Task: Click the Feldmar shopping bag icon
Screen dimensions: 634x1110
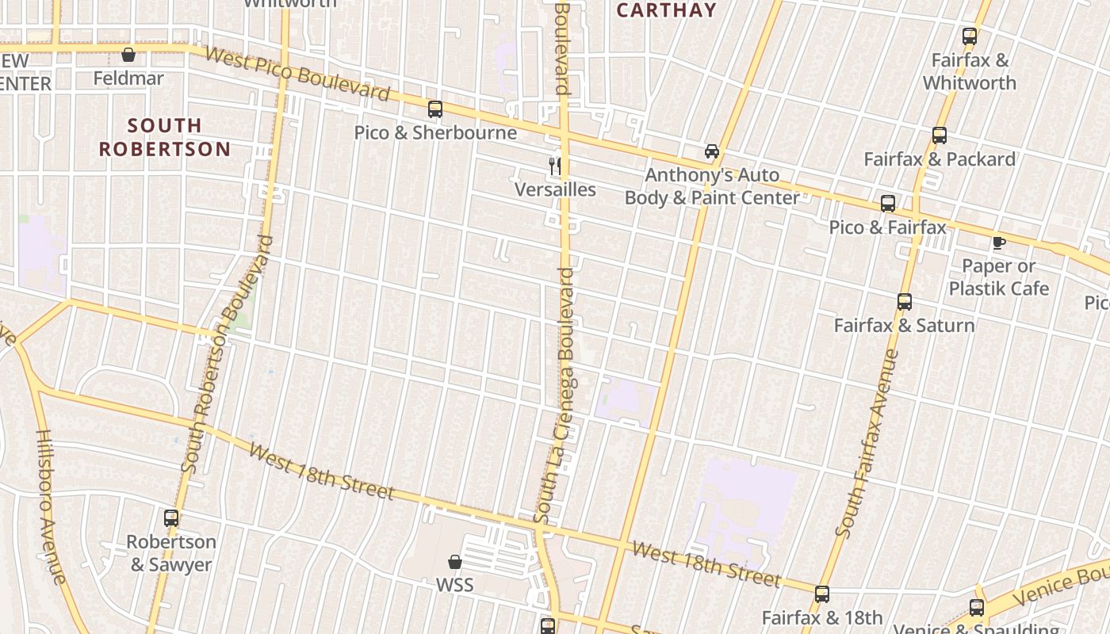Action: tap(128, 55)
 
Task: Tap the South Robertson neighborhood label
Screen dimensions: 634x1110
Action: tap(165, 137)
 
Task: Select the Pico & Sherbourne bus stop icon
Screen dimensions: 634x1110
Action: tap(435, 109)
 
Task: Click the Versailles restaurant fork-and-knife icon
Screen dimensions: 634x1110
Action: tap(556, 166)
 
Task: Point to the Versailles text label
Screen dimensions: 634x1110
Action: tap(555, 189)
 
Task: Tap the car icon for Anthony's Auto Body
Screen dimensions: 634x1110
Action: tap(712, 151)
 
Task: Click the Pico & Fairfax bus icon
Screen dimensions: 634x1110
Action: tap(888, 204)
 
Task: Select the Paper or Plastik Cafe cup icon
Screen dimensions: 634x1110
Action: tap(998, 243)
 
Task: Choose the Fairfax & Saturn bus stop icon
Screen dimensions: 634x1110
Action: tap(905, 302)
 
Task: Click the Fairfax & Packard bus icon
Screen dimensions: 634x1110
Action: tap(940, 136)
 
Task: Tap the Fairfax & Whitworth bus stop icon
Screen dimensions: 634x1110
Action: tap(970, 36)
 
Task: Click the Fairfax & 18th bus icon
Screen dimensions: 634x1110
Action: tap(822, 594)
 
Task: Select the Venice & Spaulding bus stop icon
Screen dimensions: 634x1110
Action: tap(977, 608)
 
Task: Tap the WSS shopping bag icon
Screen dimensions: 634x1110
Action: tap(455, 562)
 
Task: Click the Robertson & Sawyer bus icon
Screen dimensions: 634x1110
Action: tap(171, 518)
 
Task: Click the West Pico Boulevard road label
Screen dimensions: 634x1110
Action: tap(297, 74)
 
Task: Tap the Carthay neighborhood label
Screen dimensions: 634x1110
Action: tap(666, 10)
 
